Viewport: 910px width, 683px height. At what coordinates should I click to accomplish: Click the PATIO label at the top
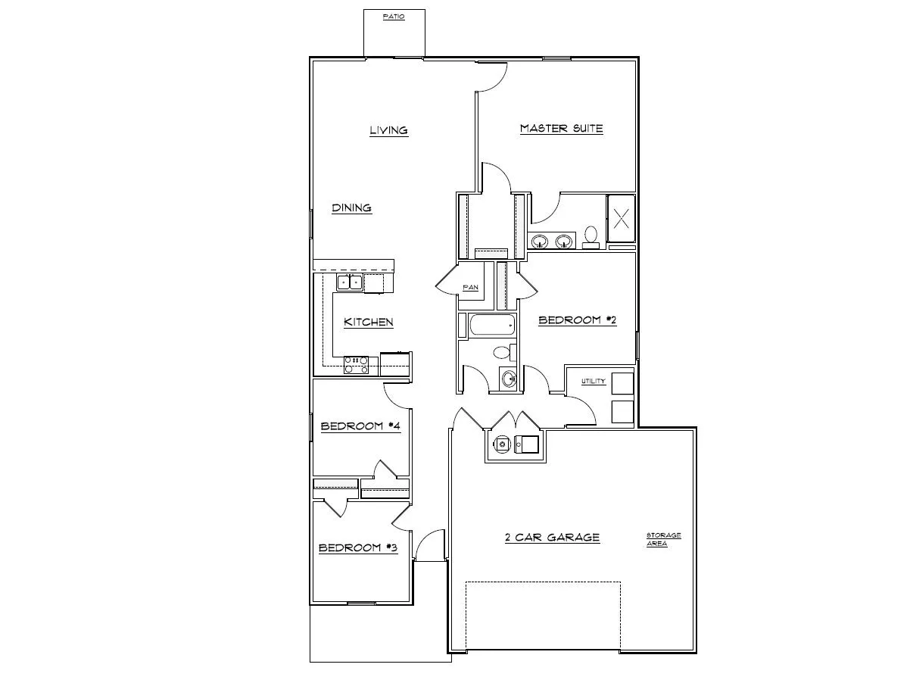pyautogui.click(x=393, y=16)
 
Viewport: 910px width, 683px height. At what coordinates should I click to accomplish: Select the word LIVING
pyautogui.click(x=388, y=130)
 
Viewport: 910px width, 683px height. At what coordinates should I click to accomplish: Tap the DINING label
pyautogui.click(x=351, y=207)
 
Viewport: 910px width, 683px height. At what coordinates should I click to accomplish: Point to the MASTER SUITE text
pyautogui.click(x=561, y=129)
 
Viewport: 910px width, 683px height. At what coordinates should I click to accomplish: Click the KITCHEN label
pyautogui.click(x=369, y=322)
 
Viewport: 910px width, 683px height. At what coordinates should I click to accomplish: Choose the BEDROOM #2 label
pyautogui.click(x=577, y=320)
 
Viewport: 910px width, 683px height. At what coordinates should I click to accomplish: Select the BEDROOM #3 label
pyautogui.click(x=357, y=547)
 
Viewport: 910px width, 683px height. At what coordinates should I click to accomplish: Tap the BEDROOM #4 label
pyautogui.click(x=360, y=426)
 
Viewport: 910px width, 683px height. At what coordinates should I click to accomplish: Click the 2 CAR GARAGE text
pyautogui.click(x=552, y=538)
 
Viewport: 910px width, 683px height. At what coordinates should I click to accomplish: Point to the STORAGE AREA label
pyautogui.click(x=663, y=539)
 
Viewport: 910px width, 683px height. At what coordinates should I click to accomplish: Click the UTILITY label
pyautogui.click(x=593, y=381)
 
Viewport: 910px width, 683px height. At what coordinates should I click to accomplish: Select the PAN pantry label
pyautogui.click(x=470, y=288)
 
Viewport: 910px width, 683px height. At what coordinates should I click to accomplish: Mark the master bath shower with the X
pyautogui.click(x=621, y=220)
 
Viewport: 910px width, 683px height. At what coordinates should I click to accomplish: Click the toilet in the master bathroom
pyautogui.click(x=591, y=236)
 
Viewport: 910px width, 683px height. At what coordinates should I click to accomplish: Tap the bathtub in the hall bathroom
pyautogui.click(x=491, y=327)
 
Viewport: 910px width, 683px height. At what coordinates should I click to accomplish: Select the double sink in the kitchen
pyautogui.click(x=350, y=282)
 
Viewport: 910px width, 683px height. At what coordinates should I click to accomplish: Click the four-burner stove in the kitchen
pyautogui.click(x=356, y=364)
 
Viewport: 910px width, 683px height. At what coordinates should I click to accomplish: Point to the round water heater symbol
pyautogui.click(x=500, y=444)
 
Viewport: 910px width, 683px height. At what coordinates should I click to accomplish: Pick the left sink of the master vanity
pyautogui.click(x=540, y=242)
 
